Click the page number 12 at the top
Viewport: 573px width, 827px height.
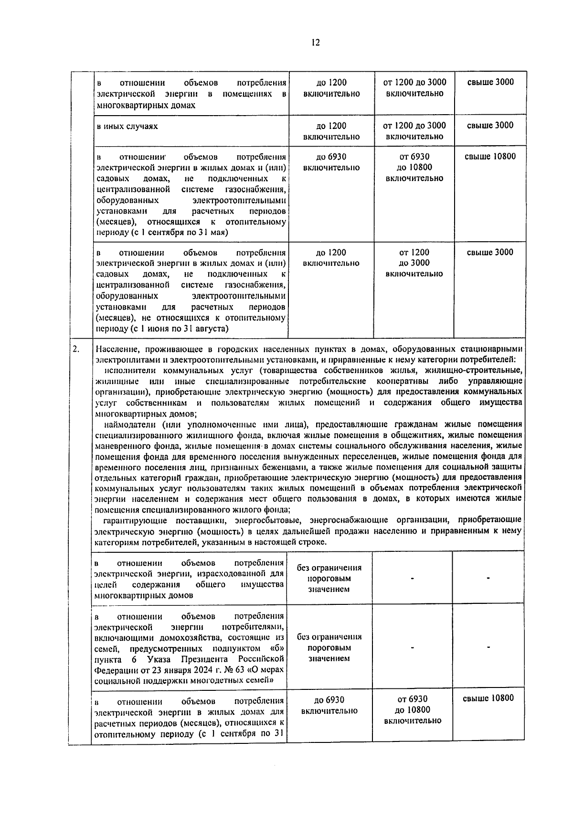(x=315, y=43)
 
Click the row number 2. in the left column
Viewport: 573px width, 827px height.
(x=76, y=349)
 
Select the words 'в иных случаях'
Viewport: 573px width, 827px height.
(x=127, y=126)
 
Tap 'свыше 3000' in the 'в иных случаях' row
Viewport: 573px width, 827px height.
(x=490, y=126)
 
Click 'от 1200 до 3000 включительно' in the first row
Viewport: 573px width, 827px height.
(x=414, y=88)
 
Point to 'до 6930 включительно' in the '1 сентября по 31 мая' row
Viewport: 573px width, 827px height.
(x=331, y=162)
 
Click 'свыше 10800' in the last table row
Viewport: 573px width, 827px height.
(x=488, y=698)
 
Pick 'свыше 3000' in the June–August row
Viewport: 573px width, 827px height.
(x=490, y=252)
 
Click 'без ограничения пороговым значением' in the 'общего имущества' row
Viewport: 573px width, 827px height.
(x=329, y=578)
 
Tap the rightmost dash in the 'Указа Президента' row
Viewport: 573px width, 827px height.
(x=488, y=647)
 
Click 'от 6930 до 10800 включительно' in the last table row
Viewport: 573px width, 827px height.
(x=413, y=710)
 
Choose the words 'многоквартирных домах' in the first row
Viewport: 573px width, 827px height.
(x=146, y=105)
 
